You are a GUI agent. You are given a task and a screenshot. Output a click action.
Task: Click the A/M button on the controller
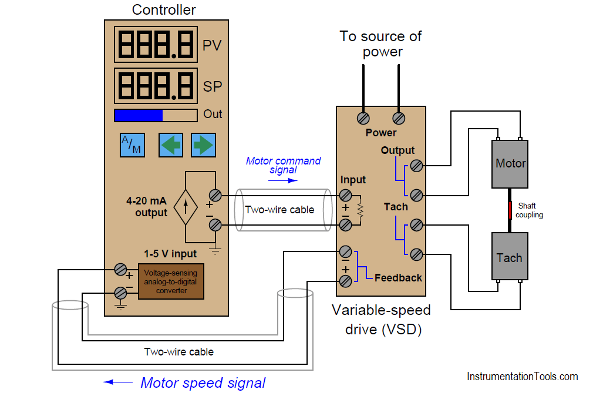point(132,145)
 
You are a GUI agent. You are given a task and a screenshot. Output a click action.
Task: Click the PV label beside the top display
point(212,46)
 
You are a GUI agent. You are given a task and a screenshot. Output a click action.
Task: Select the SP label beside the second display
point(212,86)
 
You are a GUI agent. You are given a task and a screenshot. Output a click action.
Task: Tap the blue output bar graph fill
point(138,115)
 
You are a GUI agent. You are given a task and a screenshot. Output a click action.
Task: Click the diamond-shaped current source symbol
point(186,207)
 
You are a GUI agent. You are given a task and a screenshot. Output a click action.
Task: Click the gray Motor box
point(510,163)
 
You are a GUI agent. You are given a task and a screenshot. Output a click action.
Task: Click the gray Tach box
point(509,257)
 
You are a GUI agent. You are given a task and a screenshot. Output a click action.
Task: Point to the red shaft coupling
point(510,210)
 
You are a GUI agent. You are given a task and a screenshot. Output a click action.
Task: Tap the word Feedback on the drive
point(398,277)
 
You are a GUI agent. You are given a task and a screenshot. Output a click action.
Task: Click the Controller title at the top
point(164,10)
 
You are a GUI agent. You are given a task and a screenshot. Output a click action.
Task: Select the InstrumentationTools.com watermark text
point(522,377)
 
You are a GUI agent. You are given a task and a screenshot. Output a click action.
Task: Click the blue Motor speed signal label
point(203,383)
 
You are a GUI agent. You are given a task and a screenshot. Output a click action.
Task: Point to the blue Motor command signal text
point(283,165)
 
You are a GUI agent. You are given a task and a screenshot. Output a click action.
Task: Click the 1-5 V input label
point(170,254)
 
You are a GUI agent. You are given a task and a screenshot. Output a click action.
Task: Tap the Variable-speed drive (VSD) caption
point(381,320)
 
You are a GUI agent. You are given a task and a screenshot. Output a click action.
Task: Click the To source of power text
point(381,43)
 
